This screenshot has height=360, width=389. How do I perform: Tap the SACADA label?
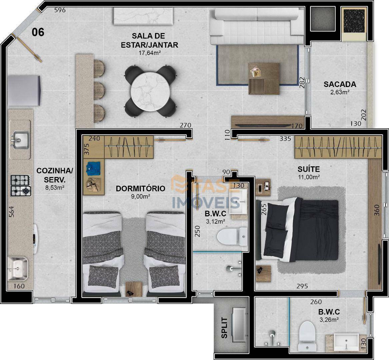[x=340, y=84]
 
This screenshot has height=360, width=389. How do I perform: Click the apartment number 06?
[x=38, y=32]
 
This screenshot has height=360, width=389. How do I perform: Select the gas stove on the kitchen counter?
[x=21, y=186]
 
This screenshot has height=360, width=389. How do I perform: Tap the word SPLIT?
[x=224, y=328]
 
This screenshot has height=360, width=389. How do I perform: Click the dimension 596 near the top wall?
[x=60, y=10]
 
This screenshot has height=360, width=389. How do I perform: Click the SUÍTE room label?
[x=309, y=169]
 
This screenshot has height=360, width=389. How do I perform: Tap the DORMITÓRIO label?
[x=140, y=188]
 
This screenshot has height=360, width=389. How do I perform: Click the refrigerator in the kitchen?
[x=24, y=86]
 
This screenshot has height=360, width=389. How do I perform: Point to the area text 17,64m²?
[x=150, y=53]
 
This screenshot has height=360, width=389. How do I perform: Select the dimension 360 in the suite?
[x=376, y=210]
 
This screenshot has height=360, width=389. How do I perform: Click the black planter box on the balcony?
[x=354, y=21]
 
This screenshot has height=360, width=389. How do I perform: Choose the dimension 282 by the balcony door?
[x=302, y=83]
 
